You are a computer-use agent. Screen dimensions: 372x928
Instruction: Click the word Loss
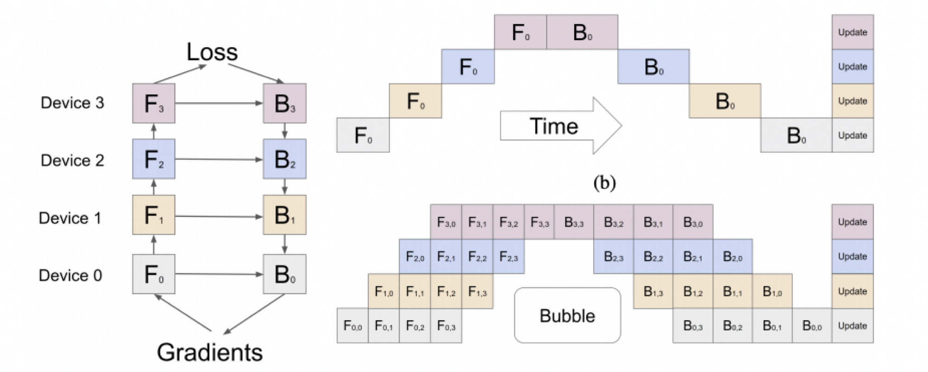pyautogui.click(x=212, y=52)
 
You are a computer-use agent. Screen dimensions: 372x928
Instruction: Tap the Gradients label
pyautogui.click(x=210, y=353)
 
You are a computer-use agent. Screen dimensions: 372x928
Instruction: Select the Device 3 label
pyautogui.click(x=72, y=103)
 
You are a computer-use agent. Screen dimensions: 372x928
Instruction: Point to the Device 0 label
pyautogui.click(x=70, y=275)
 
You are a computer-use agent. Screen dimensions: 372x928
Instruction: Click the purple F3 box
pyautogui.click(x=154, y=103)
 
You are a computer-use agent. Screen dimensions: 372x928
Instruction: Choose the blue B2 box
pyautogui.click(x=284, y=159)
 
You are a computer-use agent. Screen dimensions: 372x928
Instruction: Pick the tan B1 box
pyautogui.click(x=284, y=215)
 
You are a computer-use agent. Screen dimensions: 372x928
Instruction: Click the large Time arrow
pyautogui.click(x=560, y=126)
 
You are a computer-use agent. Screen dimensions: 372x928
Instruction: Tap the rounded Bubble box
pyautogui.click(x=567, y=316)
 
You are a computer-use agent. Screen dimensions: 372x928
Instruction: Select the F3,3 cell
pyautogui.click(x=539, y=222)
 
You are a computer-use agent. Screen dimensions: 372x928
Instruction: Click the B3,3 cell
pyautogui.click(x=574, y=222)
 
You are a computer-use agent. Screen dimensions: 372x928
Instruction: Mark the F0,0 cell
pyautogui.click(x=352, y=326)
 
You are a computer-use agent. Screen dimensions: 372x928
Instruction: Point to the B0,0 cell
pyautogui.click(x=812, y=326)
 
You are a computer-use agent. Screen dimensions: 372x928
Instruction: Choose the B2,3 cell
pyautogui.click(x=613, y=256)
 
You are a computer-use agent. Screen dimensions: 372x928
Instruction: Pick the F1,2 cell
pyautogui.click(x=446, y=291)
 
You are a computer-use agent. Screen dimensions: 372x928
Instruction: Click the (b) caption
pyautogui.click(x=605, y=183)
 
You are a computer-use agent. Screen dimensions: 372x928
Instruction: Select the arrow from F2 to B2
pyautogui.click(x=219, y=160)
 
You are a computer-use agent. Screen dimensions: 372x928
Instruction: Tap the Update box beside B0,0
pyautogui.click(x=853, y=326)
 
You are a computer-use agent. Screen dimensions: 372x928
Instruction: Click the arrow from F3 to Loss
pyautogui.click(x=184, y=74)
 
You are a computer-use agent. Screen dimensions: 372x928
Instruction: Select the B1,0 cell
pyautogui.click(x=772, y=291)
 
